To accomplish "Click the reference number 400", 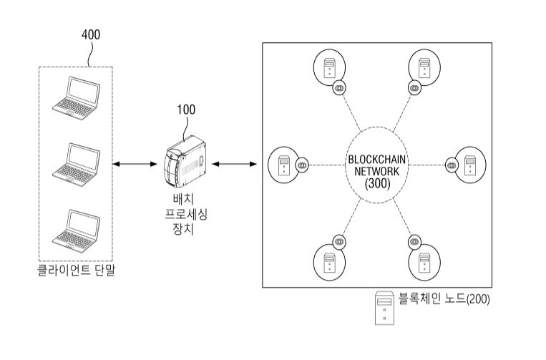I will [x=91, y=34].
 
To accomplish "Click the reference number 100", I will [x=185, y=110].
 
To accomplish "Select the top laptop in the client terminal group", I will [x=76, y=97].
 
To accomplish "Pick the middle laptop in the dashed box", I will [x=76, y=162].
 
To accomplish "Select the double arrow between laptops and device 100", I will [x=135, y=165].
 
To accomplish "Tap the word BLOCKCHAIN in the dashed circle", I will [x=377, y=158].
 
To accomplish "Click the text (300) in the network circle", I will [x=377, y=184].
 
